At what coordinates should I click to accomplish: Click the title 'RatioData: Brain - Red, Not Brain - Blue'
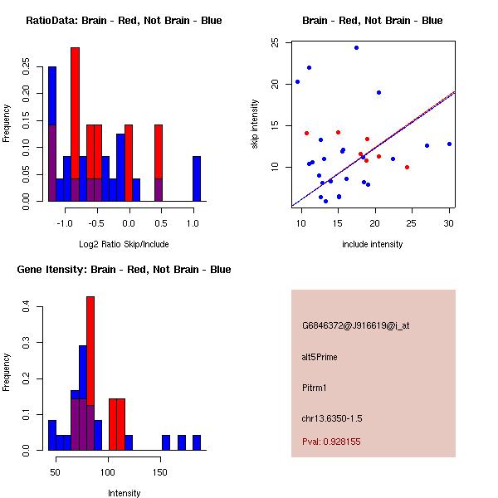pos(124,21)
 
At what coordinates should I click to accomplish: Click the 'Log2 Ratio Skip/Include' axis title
pos(124,244)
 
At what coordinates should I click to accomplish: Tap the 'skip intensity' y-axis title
pos(256,124)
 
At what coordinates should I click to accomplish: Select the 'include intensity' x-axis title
pos(373,244)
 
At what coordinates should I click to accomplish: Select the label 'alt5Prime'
pos(320,357)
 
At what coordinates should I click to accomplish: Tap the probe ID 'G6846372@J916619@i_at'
pos(355,325)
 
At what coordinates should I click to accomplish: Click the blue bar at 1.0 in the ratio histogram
pos(197,178)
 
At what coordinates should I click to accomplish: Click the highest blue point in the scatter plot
pos(356,48)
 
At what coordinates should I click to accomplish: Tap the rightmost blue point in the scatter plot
pos(449,144)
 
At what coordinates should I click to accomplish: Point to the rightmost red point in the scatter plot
pos(407,167)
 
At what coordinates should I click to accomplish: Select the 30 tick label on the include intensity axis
pos(449,223)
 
